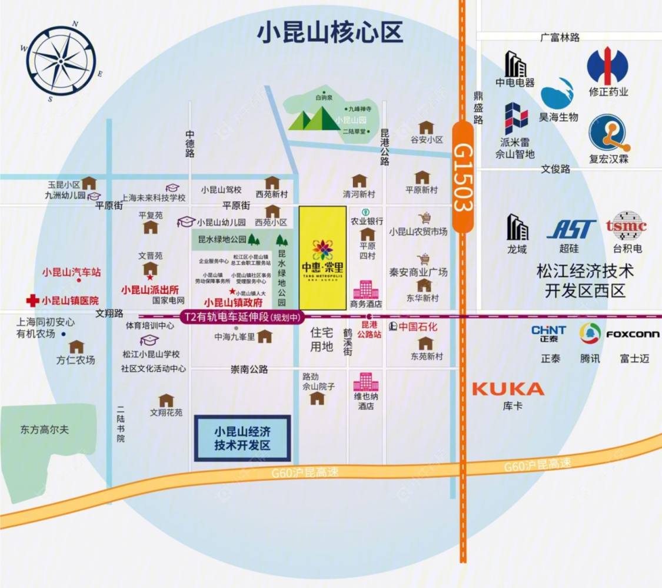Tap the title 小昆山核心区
tap(330, 32)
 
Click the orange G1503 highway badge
tap(463, 177)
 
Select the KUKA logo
tap(508, 389)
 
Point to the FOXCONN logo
tap(633, 334)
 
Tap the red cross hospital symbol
tap(32, 300)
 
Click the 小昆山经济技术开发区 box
tap(242, 438)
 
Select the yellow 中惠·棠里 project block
tap(322, 257)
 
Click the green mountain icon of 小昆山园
tap(314, 119)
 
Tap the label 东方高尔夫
tap(44, 430)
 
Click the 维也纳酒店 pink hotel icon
tap(365, 382)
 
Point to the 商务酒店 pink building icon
tap(365, 289)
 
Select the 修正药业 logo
tap(608, 66)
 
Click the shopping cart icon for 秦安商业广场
tap(423, 259)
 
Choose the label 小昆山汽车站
tap(71, 272)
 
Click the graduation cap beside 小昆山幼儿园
tap(187, 222)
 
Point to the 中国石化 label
tap(418, 326)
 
